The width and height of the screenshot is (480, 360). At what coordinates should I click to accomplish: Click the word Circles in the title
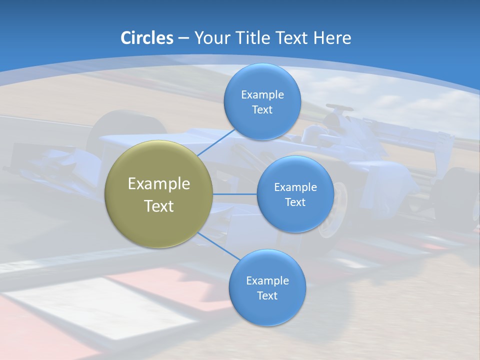click(x=147, y=38)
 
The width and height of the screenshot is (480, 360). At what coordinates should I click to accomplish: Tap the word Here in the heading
click(x=332, y=38)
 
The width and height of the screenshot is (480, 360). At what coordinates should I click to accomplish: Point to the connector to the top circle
click(x=216, y=142)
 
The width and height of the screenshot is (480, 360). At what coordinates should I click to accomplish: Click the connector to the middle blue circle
click(x=234, y=194)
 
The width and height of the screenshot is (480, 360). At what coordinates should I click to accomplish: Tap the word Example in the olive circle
click(x=159, y=184)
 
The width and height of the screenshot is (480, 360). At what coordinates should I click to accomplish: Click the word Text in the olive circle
click(x=159, y=206)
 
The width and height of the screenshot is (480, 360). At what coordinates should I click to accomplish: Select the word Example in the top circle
click(x=262, y=95)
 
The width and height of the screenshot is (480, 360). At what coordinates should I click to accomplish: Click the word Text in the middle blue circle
click(x=295, y=202)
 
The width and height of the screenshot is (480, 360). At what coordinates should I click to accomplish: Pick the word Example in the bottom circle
click(x=267, y=281)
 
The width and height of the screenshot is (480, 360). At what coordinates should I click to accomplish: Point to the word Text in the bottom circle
click(x=267, y=296)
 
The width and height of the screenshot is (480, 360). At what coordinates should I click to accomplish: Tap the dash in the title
click(x=183, y=38)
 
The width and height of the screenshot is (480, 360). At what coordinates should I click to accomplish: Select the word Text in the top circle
click(x=262, y=110)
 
